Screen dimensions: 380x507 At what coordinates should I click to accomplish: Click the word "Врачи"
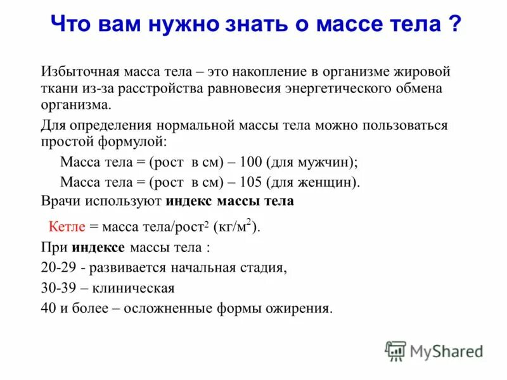tap(60, 202)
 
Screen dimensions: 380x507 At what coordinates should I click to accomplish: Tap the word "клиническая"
tap(133, 288)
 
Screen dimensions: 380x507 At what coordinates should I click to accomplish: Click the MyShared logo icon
tap(395, 351)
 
